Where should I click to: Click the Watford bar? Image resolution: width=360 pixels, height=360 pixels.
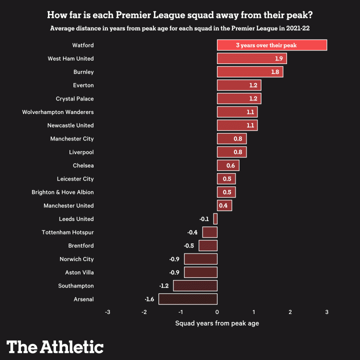pos(272,45)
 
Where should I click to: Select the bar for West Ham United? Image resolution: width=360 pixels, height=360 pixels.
pos(251,58)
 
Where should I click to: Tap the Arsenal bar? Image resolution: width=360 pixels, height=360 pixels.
pos(188,299)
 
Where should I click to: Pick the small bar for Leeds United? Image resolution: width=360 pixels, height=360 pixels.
pos(215,219)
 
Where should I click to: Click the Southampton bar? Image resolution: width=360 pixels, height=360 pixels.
pos(195,285)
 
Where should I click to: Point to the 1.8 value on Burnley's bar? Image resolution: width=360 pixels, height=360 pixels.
pos(275,72)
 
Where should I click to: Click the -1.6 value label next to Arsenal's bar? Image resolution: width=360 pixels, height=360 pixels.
pos(149,299)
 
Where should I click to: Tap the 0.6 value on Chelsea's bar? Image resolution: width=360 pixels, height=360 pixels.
pos(230,165)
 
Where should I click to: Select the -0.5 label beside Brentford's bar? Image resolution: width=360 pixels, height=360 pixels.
pos(188,245)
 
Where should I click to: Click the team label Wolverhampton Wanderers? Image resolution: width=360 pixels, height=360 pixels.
pos(58,112)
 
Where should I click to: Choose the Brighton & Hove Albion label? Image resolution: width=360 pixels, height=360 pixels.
pos(62,192)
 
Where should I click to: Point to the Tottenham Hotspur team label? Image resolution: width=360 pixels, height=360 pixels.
pos(67,232)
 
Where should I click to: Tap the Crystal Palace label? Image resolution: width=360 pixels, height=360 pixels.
pos(75,98)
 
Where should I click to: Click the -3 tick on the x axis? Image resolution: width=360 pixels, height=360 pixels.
pos(107,312)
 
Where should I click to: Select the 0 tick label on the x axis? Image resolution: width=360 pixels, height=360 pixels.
pos(217,312)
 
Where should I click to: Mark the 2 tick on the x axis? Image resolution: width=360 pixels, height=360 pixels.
pos(290,312)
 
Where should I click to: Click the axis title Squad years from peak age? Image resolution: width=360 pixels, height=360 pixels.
pos(217,323)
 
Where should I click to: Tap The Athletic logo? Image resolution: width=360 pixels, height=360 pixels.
pos(55,346)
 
